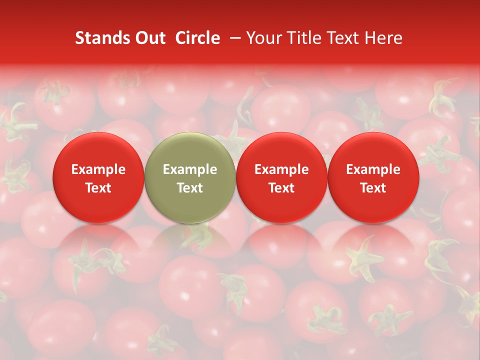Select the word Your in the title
(x=262, y=38)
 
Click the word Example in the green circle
(x=190, y=169)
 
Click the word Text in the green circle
(x=190, y=188)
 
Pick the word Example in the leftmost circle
(x=98, y=169)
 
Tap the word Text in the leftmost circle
(x=98, y=188)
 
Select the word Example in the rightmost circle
(x=373, y=169)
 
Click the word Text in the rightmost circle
(x=373, y=188)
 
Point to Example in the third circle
(x=281, y=169)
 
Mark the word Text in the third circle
(x=281, y=188)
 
